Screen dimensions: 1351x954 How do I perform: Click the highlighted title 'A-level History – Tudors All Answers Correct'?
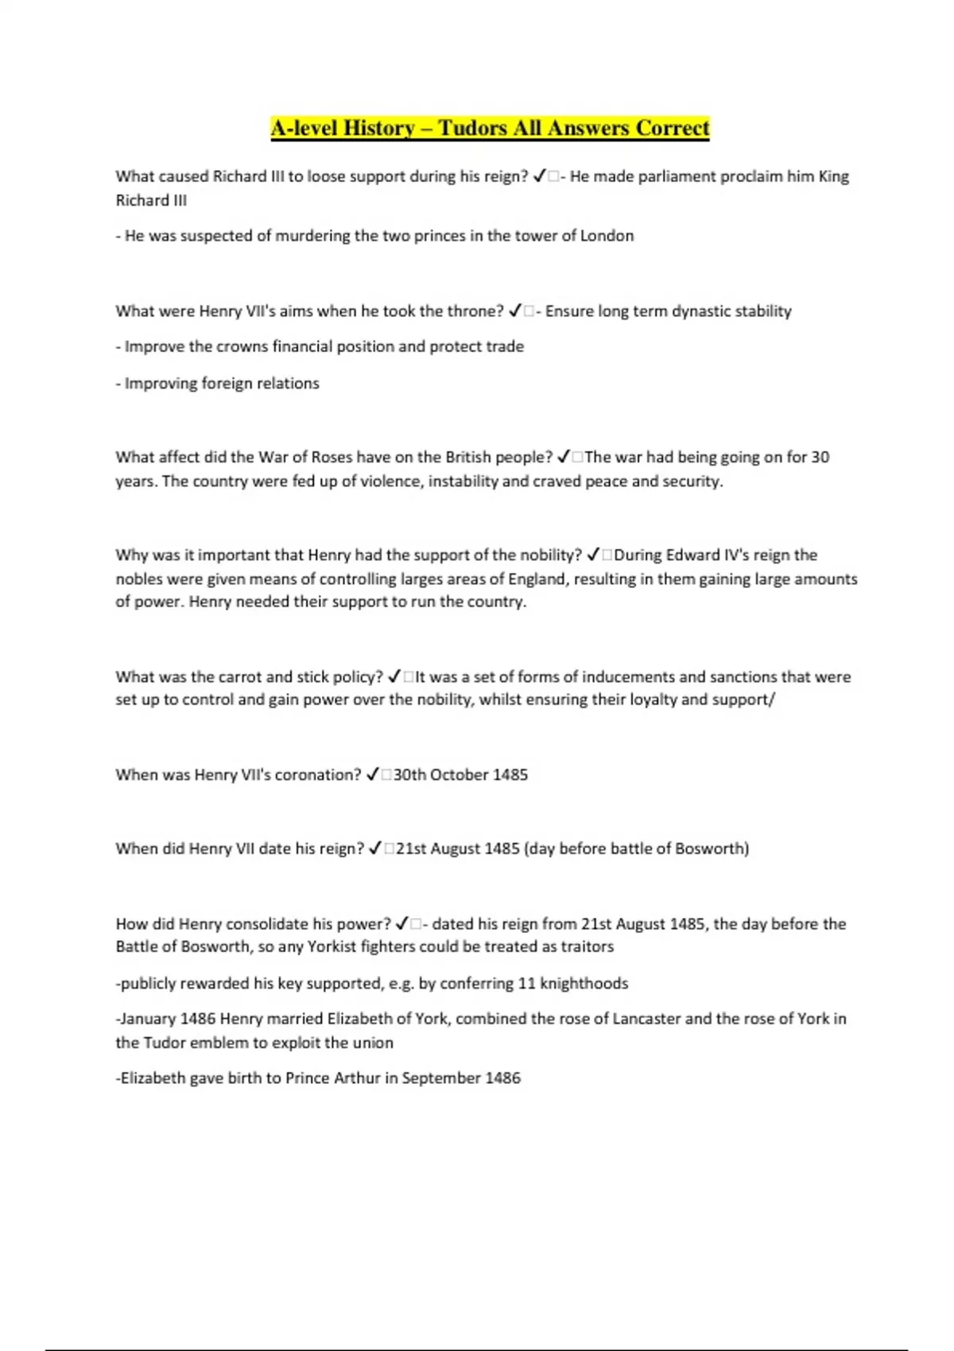coord(490,128)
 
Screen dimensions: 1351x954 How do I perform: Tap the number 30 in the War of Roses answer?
coord(820,458)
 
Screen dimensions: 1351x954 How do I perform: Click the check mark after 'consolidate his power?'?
coord(402,924)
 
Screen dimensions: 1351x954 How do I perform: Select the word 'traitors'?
coord(587,947)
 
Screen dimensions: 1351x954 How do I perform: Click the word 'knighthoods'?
coord(584,984)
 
